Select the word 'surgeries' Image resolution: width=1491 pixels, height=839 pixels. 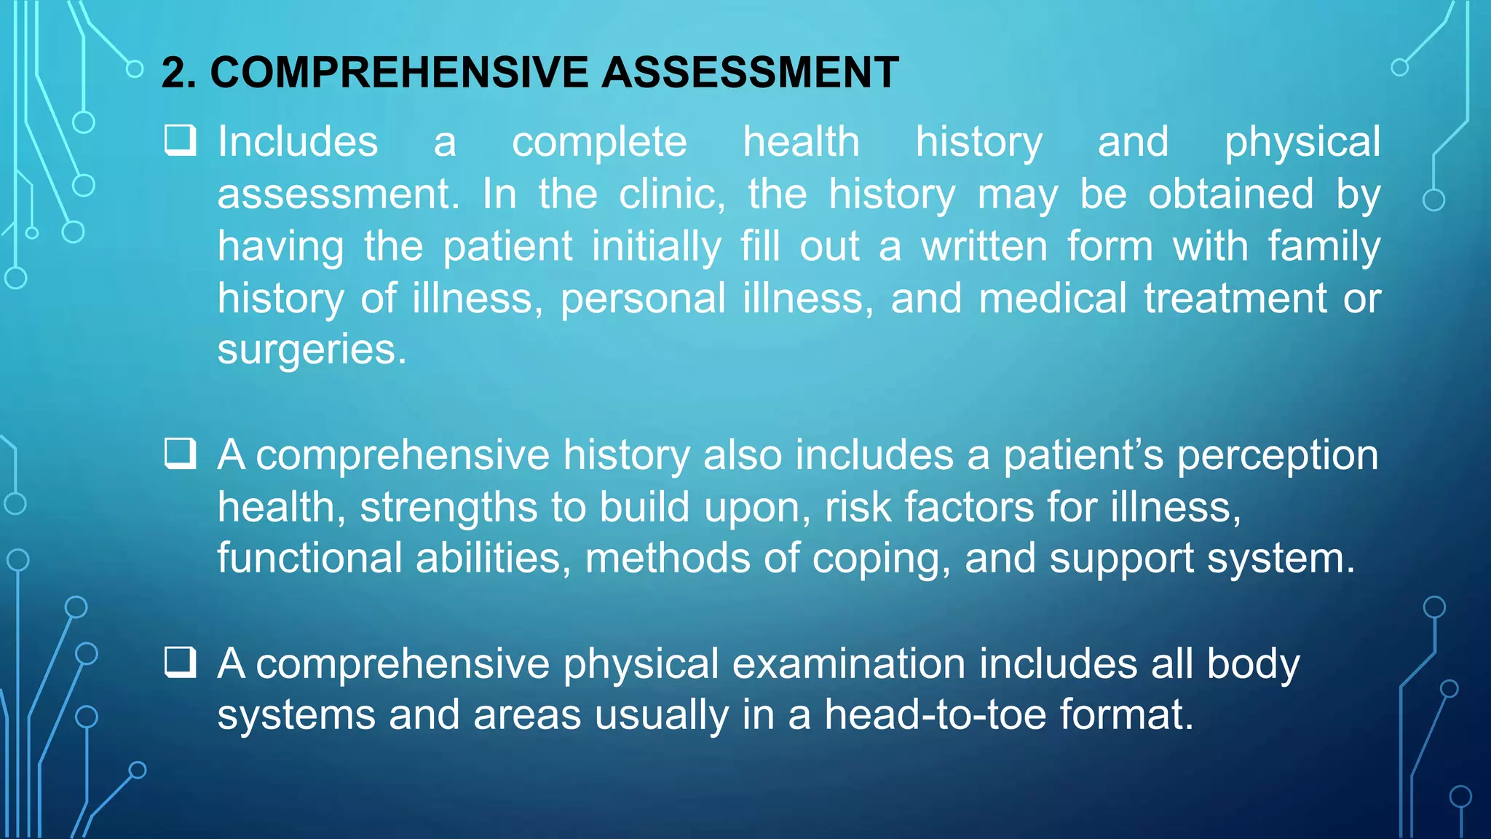pyautogui.click(x=312, y=350)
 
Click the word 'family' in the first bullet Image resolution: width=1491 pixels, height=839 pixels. pyautogui.click(x=1324, y=246)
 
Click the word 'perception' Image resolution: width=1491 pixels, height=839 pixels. pyautogui.click(x=1278, y=456)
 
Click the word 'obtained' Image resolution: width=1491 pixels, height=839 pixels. pyautogui.click(x=1230, y=194)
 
